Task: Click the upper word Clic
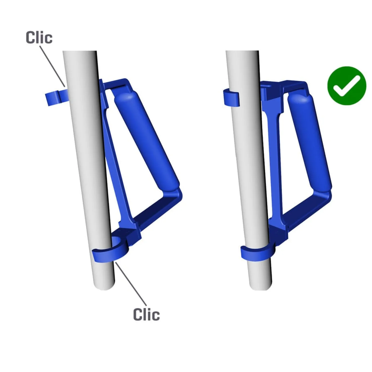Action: coord(39,37)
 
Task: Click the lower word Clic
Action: coord(146,315)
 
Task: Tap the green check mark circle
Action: coord(347,86)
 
